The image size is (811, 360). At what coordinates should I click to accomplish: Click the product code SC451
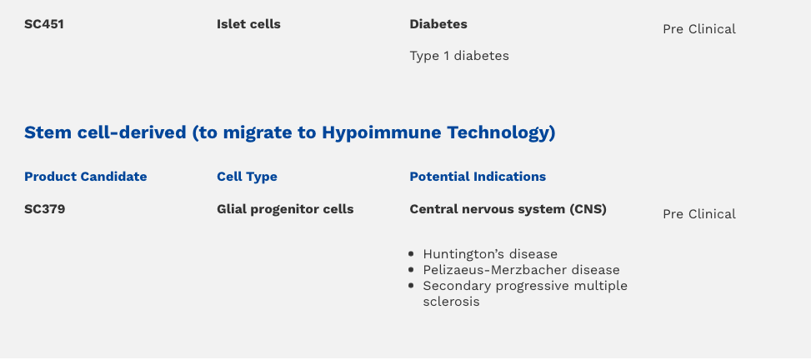point(44,24)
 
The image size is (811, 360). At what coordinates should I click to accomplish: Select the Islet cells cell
point(248,24)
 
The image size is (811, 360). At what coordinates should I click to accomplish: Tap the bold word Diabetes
point(438,24)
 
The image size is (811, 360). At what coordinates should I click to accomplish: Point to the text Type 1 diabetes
point(459,56)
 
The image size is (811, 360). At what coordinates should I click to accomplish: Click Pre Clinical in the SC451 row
point(699,29)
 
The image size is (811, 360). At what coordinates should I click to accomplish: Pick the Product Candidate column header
point(85,177)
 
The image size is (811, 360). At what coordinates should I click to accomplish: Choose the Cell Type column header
point(247,177)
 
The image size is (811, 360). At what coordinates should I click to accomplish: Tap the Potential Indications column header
point(478,177)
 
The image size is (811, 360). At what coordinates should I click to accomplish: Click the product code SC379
point(44,209)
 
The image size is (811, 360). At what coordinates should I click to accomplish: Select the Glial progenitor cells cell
point(285,209)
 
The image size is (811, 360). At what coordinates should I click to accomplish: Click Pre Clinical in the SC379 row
point(699,215)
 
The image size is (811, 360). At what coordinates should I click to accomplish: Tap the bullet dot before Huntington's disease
point(411,254)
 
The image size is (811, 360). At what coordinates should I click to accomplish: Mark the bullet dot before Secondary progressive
point(411,286)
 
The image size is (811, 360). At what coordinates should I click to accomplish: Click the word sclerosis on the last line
point(451,302)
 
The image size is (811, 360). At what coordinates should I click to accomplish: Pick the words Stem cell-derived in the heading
point(105,133)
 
